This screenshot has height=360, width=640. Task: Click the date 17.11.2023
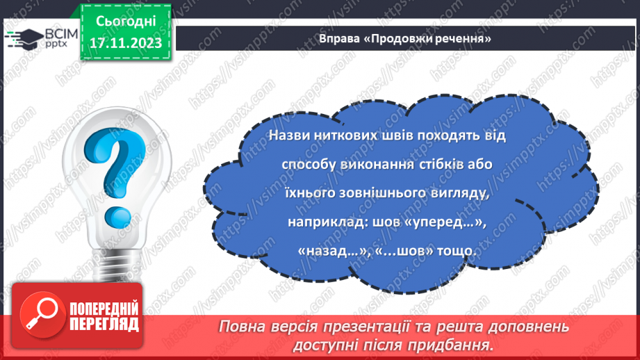pyautogui.click(x=125, y=43)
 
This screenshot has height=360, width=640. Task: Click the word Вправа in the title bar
pyautogui.click(x=340, y=39)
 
